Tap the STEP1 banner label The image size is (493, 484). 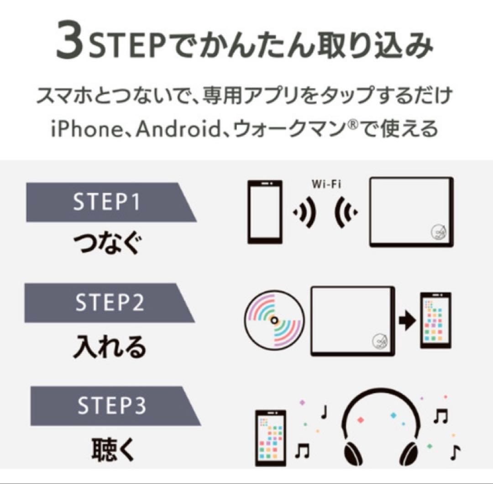click(x=106, y=202)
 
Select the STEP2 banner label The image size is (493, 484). click(x=110, y=302)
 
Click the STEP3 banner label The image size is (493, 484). click(x=112, y=406)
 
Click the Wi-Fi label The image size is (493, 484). click(x=326, y=185)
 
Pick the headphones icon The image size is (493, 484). click(x=380, y=427)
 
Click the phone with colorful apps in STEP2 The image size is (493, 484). click(x=435, y=321)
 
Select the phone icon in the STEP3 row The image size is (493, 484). click(x=270, y=437)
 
